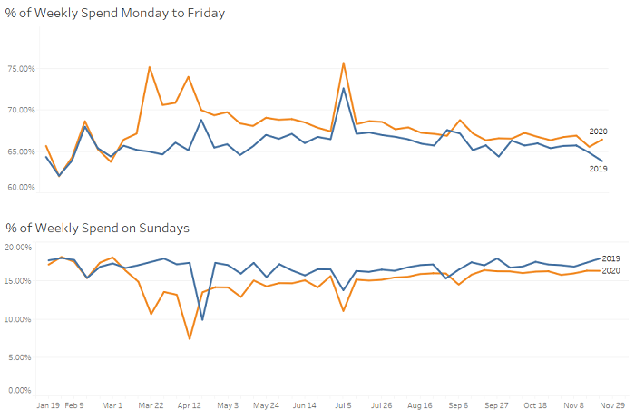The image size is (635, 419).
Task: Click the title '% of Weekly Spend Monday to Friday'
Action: coord(115,14)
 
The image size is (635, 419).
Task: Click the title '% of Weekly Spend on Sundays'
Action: coord(97,228)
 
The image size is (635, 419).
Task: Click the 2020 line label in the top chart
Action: coord(598,132)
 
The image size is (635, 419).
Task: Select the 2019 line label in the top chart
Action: coord(598,169)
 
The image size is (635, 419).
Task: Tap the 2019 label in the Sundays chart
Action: coord(611,259)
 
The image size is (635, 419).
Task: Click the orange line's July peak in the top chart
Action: coord(344,63)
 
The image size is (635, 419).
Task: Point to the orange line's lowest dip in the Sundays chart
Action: coord(190,339)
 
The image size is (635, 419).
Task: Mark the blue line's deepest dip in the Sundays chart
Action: coord(202,319)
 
